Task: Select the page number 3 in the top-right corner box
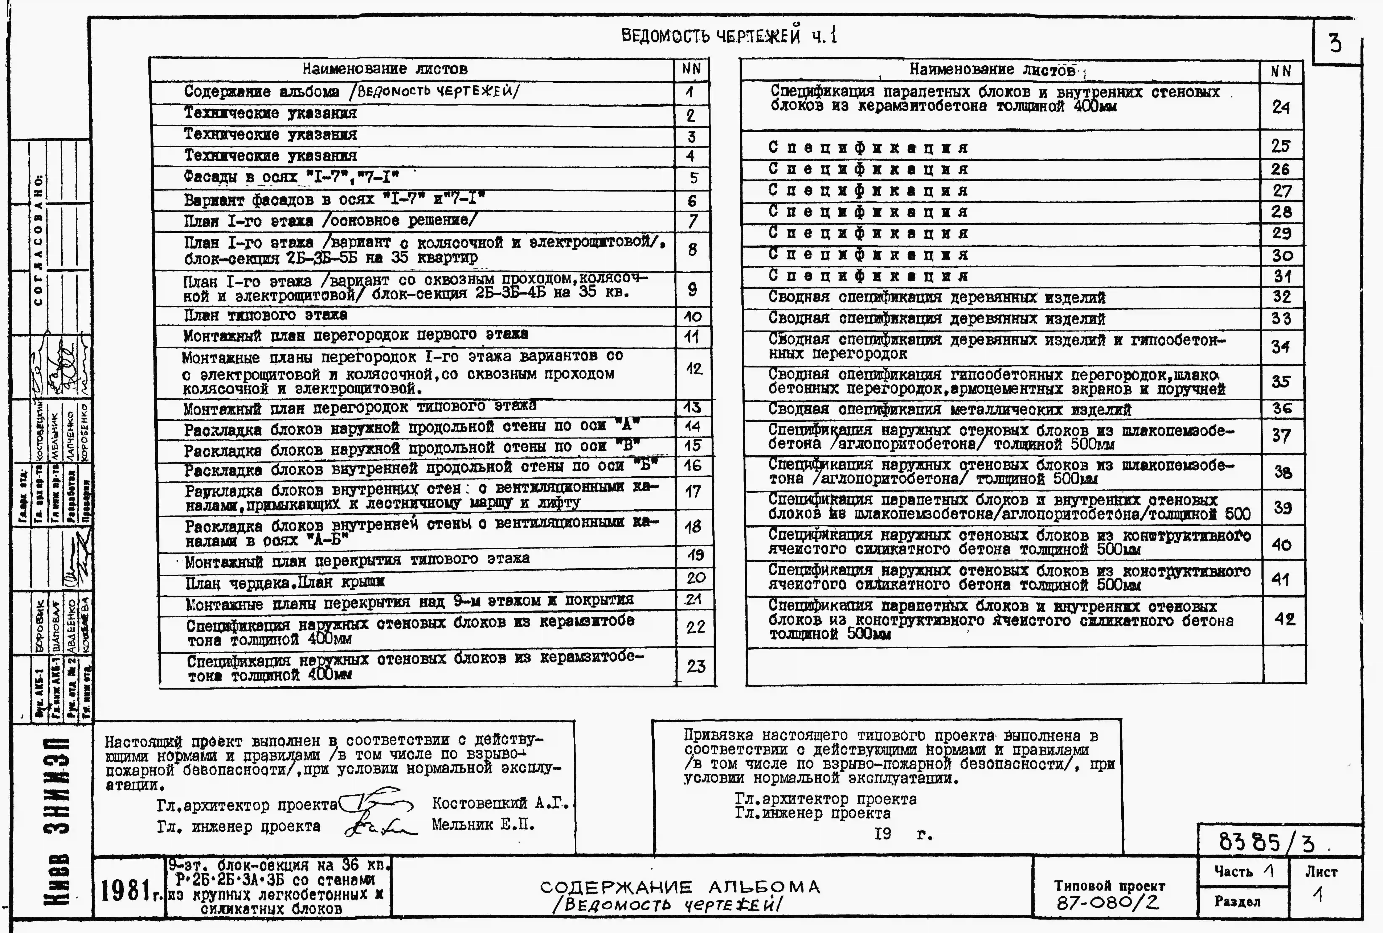[1335, 43]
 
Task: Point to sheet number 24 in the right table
[1281, 107]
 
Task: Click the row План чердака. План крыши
[285, 582]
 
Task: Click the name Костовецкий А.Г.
[500, 803]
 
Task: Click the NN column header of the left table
[691, 69]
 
